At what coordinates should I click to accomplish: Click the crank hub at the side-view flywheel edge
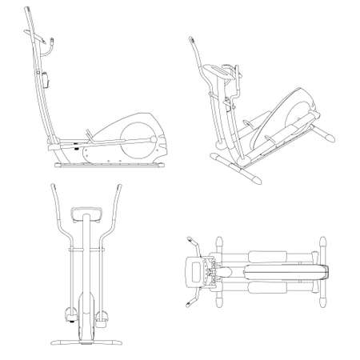153,141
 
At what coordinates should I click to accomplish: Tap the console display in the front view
84,214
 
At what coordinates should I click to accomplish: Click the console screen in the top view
194,270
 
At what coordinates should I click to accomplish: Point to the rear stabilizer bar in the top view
322,270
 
